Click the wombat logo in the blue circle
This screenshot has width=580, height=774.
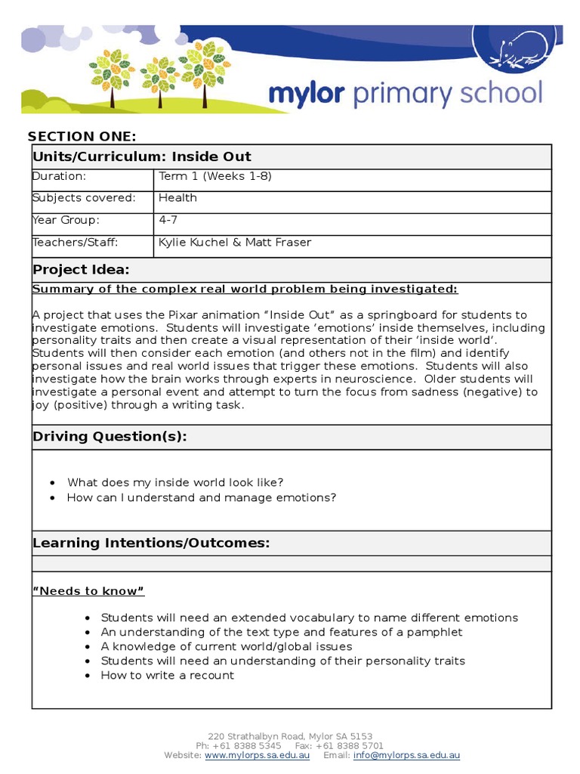click(x=514, y=51)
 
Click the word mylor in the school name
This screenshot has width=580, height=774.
click(x=306, y=94)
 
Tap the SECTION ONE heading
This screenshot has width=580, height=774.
click(x=82, y=136)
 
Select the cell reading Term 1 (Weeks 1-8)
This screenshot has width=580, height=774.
click(x=214, y=176)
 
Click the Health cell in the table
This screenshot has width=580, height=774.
click(x=177, y=198)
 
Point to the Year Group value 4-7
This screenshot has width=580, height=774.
click(x=168, y=220)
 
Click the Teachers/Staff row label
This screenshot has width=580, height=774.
click(x=76, y=243)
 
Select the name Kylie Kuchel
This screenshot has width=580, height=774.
click(x=193, y=243)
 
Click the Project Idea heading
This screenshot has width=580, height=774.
click(x=81, y=270)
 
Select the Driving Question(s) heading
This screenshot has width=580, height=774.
click(x=110, y=437)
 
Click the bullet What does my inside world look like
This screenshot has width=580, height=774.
click(x=175, y=482)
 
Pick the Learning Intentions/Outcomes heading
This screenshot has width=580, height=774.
click(x=151, y=543)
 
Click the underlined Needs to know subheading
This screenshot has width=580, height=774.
click(x=88, y=591)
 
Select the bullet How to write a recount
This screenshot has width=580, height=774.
click(x=168, y=675)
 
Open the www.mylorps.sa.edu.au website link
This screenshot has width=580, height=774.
click(x=257, y=755)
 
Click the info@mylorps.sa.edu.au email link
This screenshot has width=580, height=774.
click(x=406, y=755)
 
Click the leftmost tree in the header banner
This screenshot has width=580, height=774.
click(x=112, y=73)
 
